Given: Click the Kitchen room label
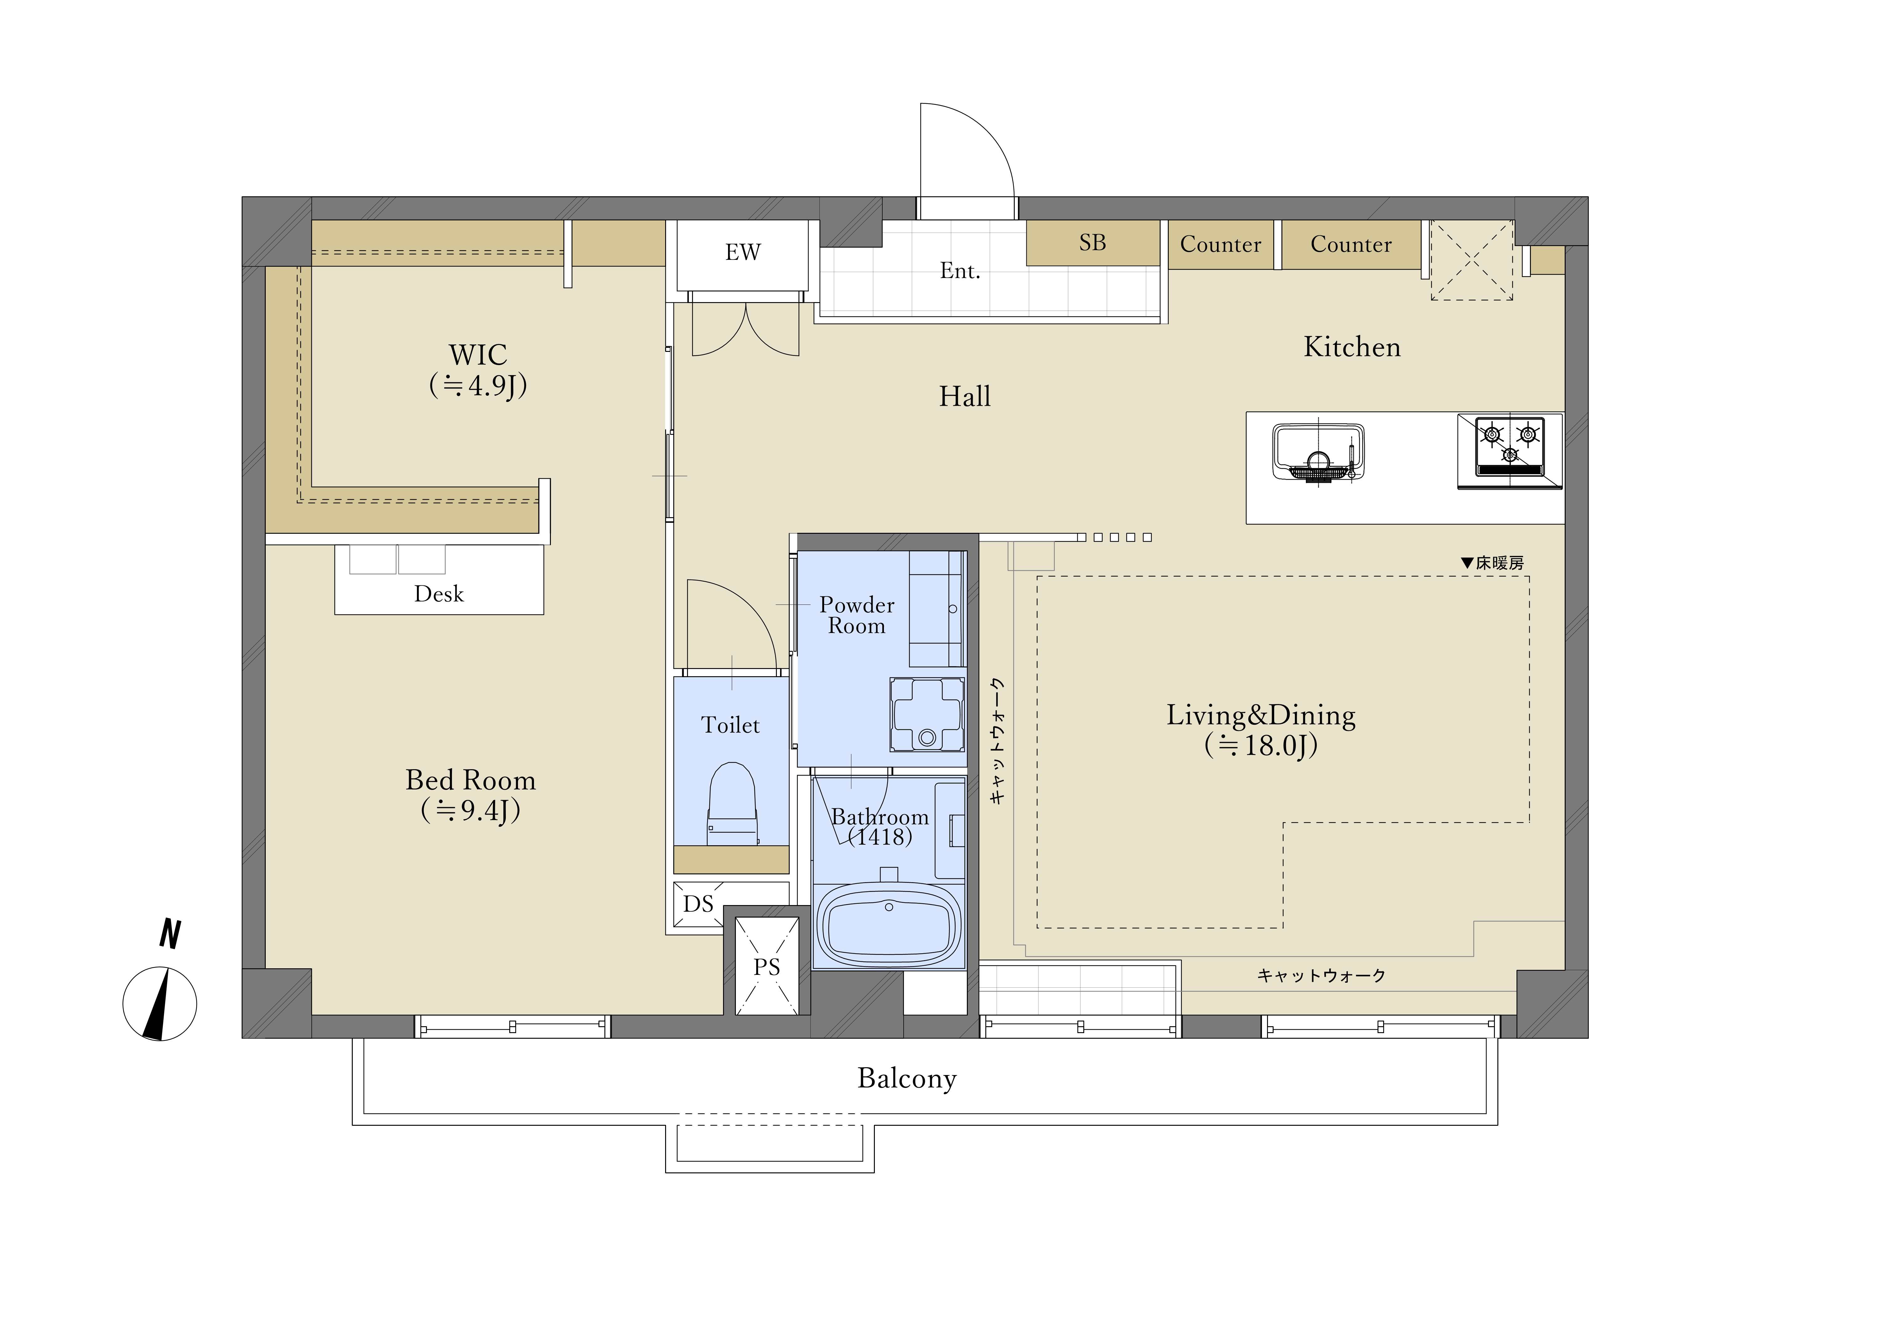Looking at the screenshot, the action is [1352, 347].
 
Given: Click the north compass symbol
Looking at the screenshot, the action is [160, 1004].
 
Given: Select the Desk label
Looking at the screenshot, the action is [439, 594].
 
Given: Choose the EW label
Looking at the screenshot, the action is [742, 252].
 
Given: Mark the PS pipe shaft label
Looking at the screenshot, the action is [766, 967].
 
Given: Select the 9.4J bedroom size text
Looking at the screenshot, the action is [471, 810].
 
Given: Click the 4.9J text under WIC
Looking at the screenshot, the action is [478, 385].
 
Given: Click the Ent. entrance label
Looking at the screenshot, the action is [960, 271].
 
